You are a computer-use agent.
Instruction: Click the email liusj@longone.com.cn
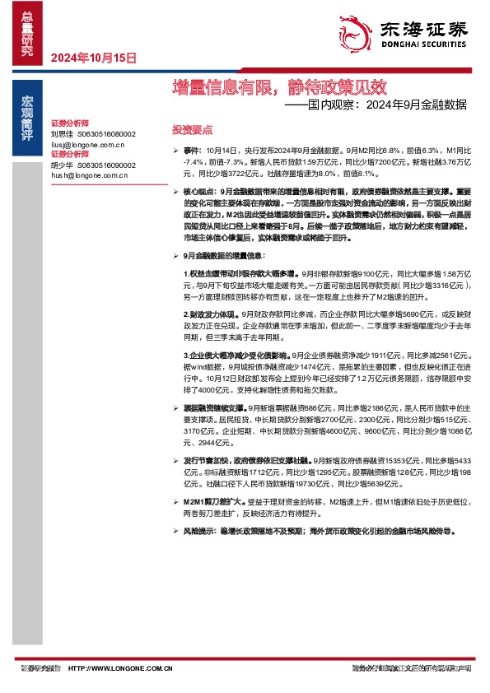[x=87, y=143]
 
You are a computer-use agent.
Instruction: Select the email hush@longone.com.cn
[x=89, y=174]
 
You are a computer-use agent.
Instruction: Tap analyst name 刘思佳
[x=63, y=133]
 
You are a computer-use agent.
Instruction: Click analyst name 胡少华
[x=63, y=165]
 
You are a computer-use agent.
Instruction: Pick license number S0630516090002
[x=106, y=165]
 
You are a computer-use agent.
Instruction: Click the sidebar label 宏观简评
[x=28, y=116]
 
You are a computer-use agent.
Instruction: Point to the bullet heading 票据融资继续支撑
[x=215, y=408]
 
